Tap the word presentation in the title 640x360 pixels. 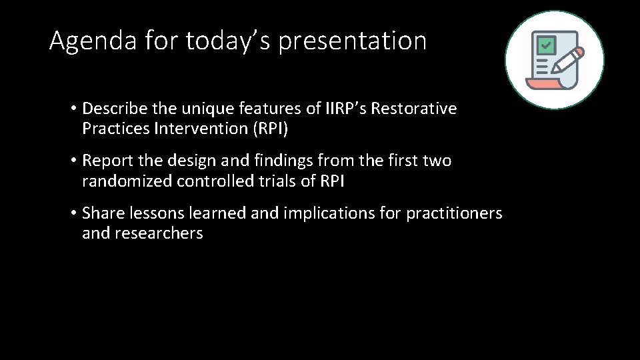(352, 42)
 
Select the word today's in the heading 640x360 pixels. (229, 41)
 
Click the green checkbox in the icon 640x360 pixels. (547, 46)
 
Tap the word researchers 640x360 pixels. (161, 233)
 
